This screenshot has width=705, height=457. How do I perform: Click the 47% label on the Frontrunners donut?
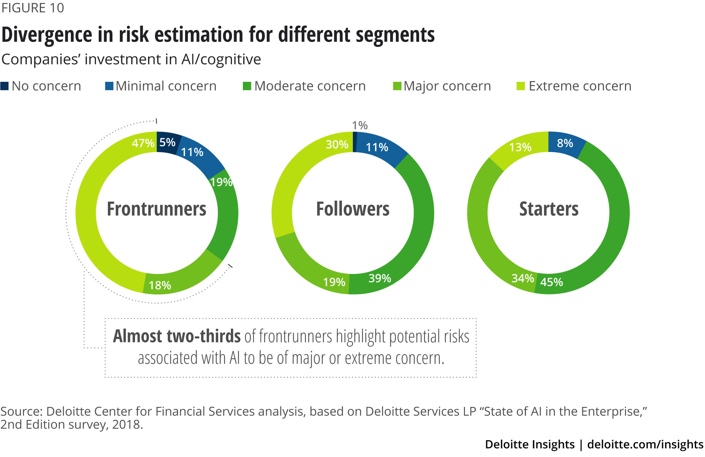pyautogui.click(x=143, y=143)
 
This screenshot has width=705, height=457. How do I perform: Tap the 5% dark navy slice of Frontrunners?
pyautogui.click(x=167, y=142)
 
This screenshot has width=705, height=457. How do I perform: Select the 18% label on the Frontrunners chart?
pyautogui.click(x=160, y=285)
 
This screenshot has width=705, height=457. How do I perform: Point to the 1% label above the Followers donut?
pyautogui.click(x=360, y=126)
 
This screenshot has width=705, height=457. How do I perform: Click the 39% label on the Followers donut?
pyautogui.click(x=380, y=279)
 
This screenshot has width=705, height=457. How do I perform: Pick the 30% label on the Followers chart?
pyautogui.click(x=337, y=145)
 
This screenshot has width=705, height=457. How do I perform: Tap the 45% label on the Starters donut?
pyautogui.click(x=551, y=282)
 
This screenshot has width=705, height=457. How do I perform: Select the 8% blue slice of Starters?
pyautogui.click(x=565, y=144)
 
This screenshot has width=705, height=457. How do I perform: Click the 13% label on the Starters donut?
pyautogui.click(x=520, y=147)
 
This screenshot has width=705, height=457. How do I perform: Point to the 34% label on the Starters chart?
pyautogui.click(x=523, y=279)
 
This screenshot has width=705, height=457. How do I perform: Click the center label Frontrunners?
pyautogui.click(x=157, y=209)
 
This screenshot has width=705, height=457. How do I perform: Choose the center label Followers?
pyautogui.click(x=352, y=209)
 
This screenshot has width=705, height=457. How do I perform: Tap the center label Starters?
pyautogui.click(x=548, y=209)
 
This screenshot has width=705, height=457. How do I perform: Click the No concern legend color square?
pyautogui.click(x=5, y=86)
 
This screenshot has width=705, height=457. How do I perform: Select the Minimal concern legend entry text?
pyautogui.click(x=166, y=86)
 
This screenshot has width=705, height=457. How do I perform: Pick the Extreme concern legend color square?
pyautogui.click(x=521, y=86)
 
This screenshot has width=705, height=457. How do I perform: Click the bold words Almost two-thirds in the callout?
pyautogui.click(x=177, y=336)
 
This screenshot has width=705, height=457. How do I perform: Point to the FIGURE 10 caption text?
pyautogui.click(x=32, y=8)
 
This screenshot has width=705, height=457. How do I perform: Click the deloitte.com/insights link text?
pyautogui.click(x=645, y=444)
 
